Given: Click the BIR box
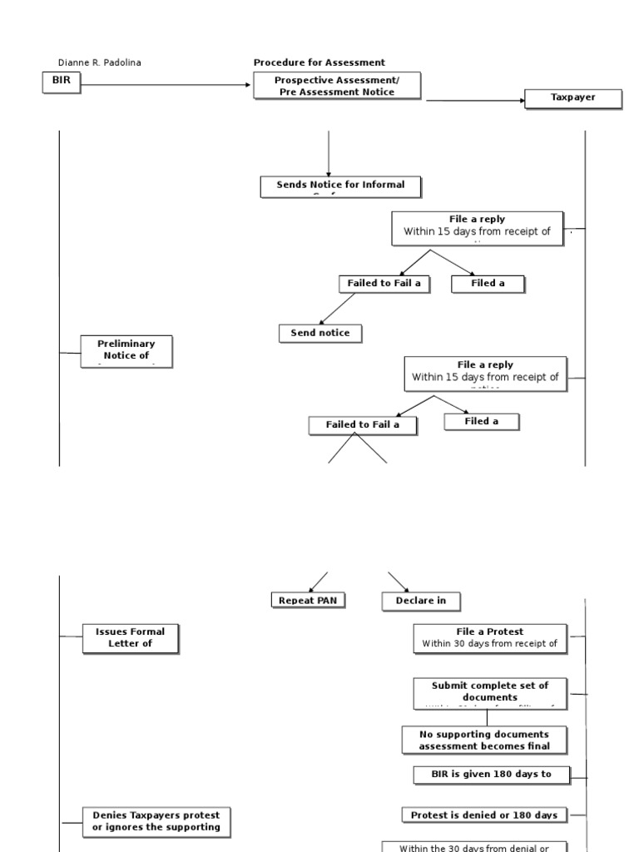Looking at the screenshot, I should (62, 83).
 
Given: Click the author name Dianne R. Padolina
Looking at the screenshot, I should (99, 62).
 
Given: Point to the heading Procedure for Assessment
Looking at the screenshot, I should (319, 62).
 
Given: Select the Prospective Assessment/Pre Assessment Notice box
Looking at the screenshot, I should (337, 86).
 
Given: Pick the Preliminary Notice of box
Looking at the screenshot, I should (126, 350).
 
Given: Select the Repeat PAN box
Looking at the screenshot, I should (308, 600).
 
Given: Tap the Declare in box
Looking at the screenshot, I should (421, 601).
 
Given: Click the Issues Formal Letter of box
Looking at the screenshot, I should (130, 638).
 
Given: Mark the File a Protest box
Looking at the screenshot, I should (490, 637).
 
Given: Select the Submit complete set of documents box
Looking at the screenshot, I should (490, 692).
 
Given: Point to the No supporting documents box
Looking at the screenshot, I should (484, 740).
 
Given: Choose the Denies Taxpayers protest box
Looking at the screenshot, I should (156, 820).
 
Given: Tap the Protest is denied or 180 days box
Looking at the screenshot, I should (483, 815).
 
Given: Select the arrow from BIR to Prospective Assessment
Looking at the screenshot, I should (166, 84).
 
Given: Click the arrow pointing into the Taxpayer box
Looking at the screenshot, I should (474, 101).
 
